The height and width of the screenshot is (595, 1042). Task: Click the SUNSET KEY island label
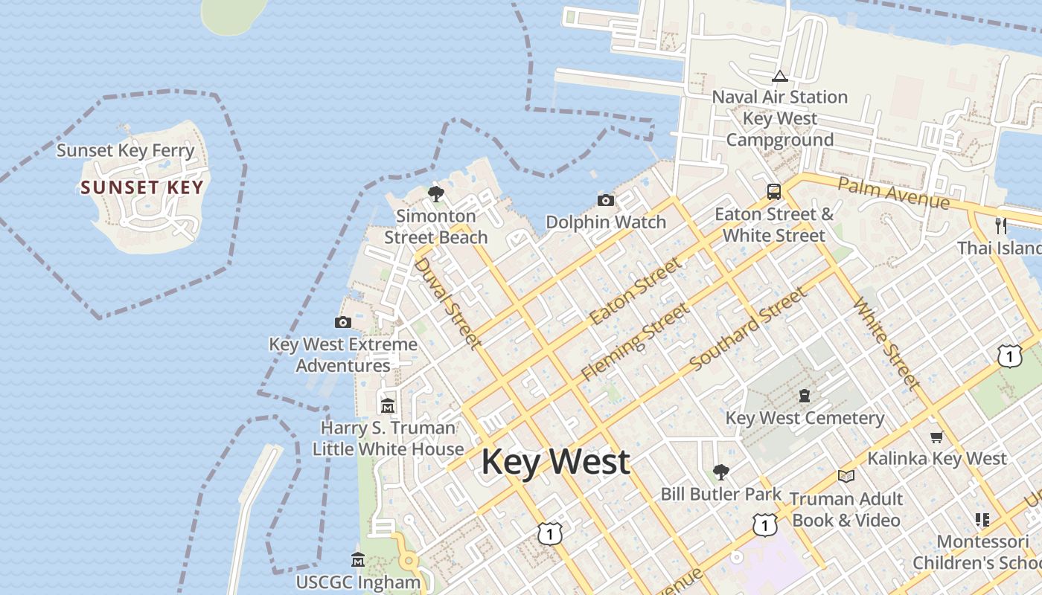click(141, 187)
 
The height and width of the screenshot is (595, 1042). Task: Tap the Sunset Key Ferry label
click(125, 150)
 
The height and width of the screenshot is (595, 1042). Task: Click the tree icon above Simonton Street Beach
click(436, 194)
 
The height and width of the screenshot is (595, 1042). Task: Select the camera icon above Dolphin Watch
click(606, 200)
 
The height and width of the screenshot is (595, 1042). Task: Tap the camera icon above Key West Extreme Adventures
click(343, 322)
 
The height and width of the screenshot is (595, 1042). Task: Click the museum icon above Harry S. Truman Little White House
click(388, 406)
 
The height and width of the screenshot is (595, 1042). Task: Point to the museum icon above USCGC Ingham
click(358, 559)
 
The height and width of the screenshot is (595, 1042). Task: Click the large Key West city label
click(555, 462)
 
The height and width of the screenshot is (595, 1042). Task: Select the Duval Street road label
click(446, 303)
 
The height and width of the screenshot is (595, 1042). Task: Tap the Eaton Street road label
click(635, 291)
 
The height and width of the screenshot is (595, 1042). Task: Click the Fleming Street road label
click(635, 341)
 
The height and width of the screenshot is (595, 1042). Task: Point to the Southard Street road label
click(748, 329)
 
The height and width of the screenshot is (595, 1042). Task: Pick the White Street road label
click(886, 343)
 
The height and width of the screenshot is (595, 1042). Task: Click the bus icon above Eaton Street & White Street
click(774, 192)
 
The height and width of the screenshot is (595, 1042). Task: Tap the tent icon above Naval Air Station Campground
click(779, 76)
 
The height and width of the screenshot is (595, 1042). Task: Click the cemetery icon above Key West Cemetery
click(804, 395)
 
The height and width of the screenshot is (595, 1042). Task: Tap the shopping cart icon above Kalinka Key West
click(936, 437)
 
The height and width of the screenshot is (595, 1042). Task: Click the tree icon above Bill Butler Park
click(720, 472)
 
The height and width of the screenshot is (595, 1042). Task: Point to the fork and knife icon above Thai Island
click(1001, 225)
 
